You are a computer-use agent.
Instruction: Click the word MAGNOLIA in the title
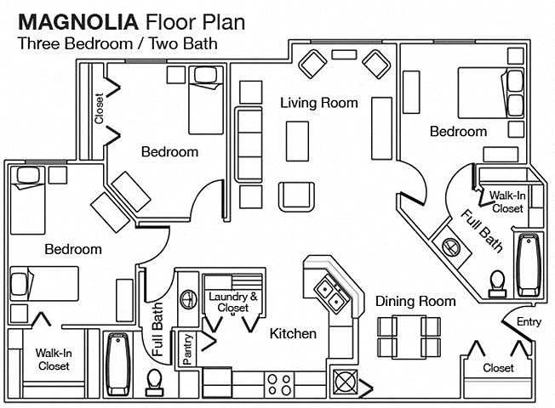tap(77, 22)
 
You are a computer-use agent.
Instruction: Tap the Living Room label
tap(319, 103)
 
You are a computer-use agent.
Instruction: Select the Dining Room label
tap(415, 301)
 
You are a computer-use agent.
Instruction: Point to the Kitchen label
tap(293, 333)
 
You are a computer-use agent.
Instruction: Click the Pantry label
tap(187, 349)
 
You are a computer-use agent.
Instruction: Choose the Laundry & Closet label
tap(233, 302)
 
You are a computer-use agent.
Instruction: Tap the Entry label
tap(529, 322)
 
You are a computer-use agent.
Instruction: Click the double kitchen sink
tap(333, 292)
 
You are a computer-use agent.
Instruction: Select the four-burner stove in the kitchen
tap(279, 385)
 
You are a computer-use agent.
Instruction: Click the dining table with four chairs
tap(409, 337)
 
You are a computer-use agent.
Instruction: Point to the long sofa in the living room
tap(249, 144)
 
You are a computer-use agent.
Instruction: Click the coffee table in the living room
tap(297, 141)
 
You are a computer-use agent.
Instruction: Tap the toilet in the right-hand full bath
tap(497, 283)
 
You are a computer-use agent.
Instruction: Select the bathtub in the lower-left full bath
tap(118, 364)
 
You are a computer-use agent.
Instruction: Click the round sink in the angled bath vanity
tap(451, 246)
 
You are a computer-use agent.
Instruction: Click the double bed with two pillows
tap(491, 93)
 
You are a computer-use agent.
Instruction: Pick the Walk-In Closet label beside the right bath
tap(507, 202)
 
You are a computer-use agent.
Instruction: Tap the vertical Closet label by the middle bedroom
tap(99, 109)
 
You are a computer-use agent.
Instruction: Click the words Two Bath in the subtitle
tap(183, 43)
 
